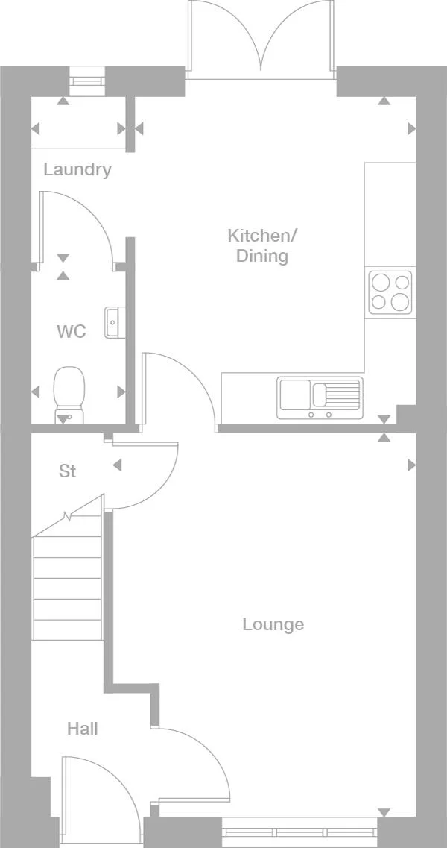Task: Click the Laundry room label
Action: (77, 169)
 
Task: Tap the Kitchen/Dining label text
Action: (261, 246)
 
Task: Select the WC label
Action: (72, 331)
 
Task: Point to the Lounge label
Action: (273, 624)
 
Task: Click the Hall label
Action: (83, 729)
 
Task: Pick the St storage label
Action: (68, 471)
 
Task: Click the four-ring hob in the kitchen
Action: (390, 292)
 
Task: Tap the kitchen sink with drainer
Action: (320, 398)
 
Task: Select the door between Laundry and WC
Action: (74, 227)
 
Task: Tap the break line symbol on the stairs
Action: (69, 515)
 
